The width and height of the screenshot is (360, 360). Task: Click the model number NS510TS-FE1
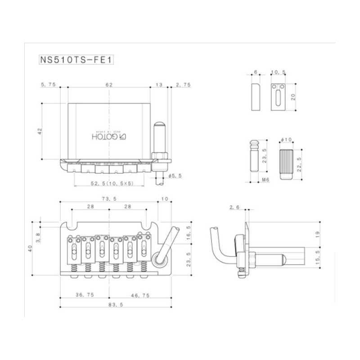point(76,60)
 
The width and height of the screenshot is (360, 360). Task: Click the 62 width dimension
point(108,84)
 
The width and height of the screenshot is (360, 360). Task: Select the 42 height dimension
point(40,131)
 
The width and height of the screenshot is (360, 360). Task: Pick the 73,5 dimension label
point(108,198)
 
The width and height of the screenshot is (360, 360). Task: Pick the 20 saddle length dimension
point(293,97)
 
